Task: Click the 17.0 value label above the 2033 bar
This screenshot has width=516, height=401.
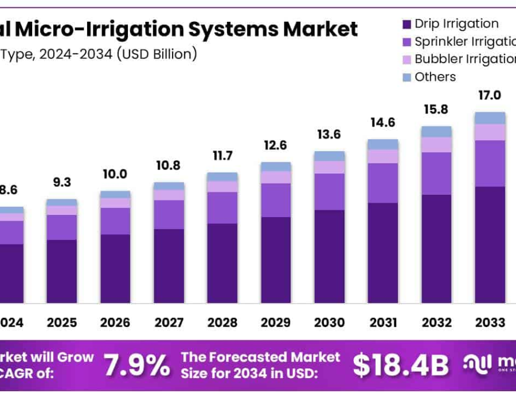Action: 490,95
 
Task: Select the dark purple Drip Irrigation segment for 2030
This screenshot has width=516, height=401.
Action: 329,256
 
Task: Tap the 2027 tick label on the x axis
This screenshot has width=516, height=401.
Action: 169,323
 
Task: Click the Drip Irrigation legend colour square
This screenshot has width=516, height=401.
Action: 406,24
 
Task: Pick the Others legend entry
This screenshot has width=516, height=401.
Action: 435,77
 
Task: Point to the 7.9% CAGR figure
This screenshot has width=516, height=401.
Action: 136,364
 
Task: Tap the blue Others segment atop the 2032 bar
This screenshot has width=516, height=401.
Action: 436,132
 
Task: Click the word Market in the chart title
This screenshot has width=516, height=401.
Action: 322,29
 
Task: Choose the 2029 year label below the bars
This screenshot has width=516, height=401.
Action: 275,323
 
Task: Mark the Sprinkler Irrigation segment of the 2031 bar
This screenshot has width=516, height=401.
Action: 383,183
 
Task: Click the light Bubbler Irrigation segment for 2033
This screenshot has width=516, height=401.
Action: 490,132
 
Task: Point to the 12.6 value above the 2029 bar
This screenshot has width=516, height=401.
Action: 275,145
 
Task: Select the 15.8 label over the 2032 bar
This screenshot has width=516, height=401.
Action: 436,109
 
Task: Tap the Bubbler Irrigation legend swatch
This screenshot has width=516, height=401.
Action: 406,59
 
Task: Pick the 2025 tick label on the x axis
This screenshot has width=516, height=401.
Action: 61,323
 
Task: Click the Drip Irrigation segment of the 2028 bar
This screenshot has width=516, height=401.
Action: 222,263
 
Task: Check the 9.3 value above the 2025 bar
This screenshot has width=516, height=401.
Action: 61,182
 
